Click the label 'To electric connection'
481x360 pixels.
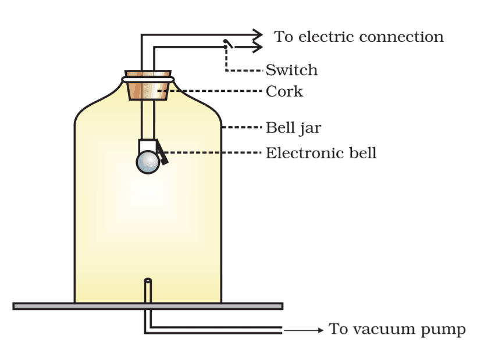point(358,37)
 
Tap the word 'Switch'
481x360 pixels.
point(291,70)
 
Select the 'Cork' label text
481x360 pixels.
point(284,91)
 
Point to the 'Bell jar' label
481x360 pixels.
point(293,127)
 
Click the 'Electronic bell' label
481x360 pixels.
point(321,154)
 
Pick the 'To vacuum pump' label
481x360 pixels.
point(397,330)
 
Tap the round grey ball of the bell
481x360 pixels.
point(148,162)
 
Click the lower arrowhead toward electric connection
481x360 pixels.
point(256,48)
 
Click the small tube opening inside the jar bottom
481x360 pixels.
point(148,281)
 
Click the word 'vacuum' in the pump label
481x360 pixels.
point(391,330)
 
